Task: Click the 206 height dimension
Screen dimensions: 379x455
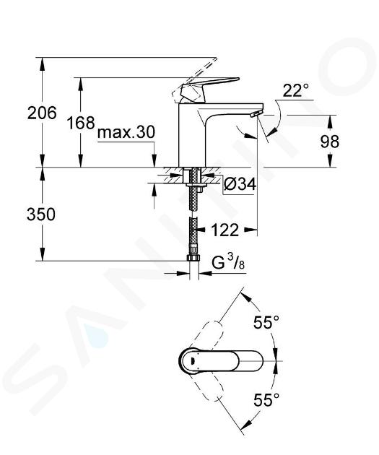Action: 42,113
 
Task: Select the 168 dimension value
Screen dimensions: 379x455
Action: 81,123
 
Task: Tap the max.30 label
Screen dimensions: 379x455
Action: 126,133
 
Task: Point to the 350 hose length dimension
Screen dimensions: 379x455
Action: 41,215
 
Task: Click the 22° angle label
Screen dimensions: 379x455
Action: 296,90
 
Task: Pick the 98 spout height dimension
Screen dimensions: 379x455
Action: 330,142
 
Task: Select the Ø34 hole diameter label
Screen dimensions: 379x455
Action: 240,184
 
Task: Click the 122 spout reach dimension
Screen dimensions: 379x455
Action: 225,230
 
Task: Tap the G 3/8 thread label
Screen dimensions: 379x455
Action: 228,262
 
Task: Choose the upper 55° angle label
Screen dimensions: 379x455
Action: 266,322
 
